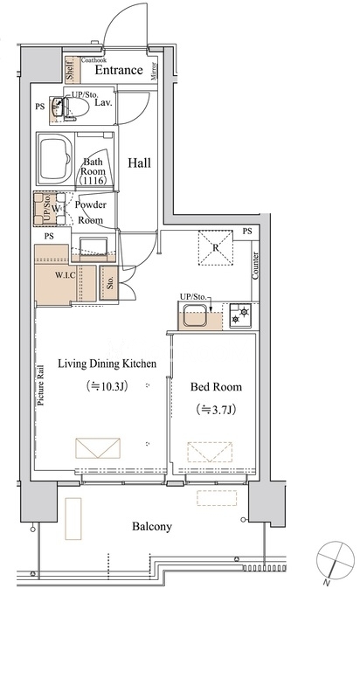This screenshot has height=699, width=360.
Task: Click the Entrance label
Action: tap(119, 70)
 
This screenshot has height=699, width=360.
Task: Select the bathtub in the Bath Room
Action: tap(56, 159)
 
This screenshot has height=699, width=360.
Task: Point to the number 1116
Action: tap(93, 181)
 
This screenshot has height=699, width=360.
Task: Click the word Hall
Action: tap(140, 163)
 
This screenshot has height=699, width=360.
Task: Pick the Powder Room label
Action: tap(91, 212)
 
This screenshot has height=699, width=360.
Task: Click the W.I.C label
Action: tap(65, 275)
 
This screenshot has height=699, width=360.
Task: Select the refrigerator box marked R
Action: tap(216, 247)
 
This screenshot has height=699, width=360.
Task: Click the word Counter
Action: tap(255, 266)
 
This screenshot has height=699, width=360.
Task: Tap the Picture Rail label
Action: tap(41, 385)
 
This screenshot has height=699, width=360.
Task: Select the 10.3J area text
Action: tap(107, 386)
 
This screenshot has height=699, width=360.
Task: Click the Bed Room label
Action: tap(216, 387)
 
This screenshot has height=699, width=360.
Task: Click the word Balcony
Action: tap(151, 527)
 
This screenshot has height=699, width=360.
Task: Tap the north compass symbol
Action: tap(335, 558)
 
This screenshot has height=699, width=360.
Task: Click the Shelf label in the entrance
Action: tap(71, 71)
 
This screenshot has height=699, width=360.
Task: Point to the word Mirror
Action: tap(154, 72)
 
